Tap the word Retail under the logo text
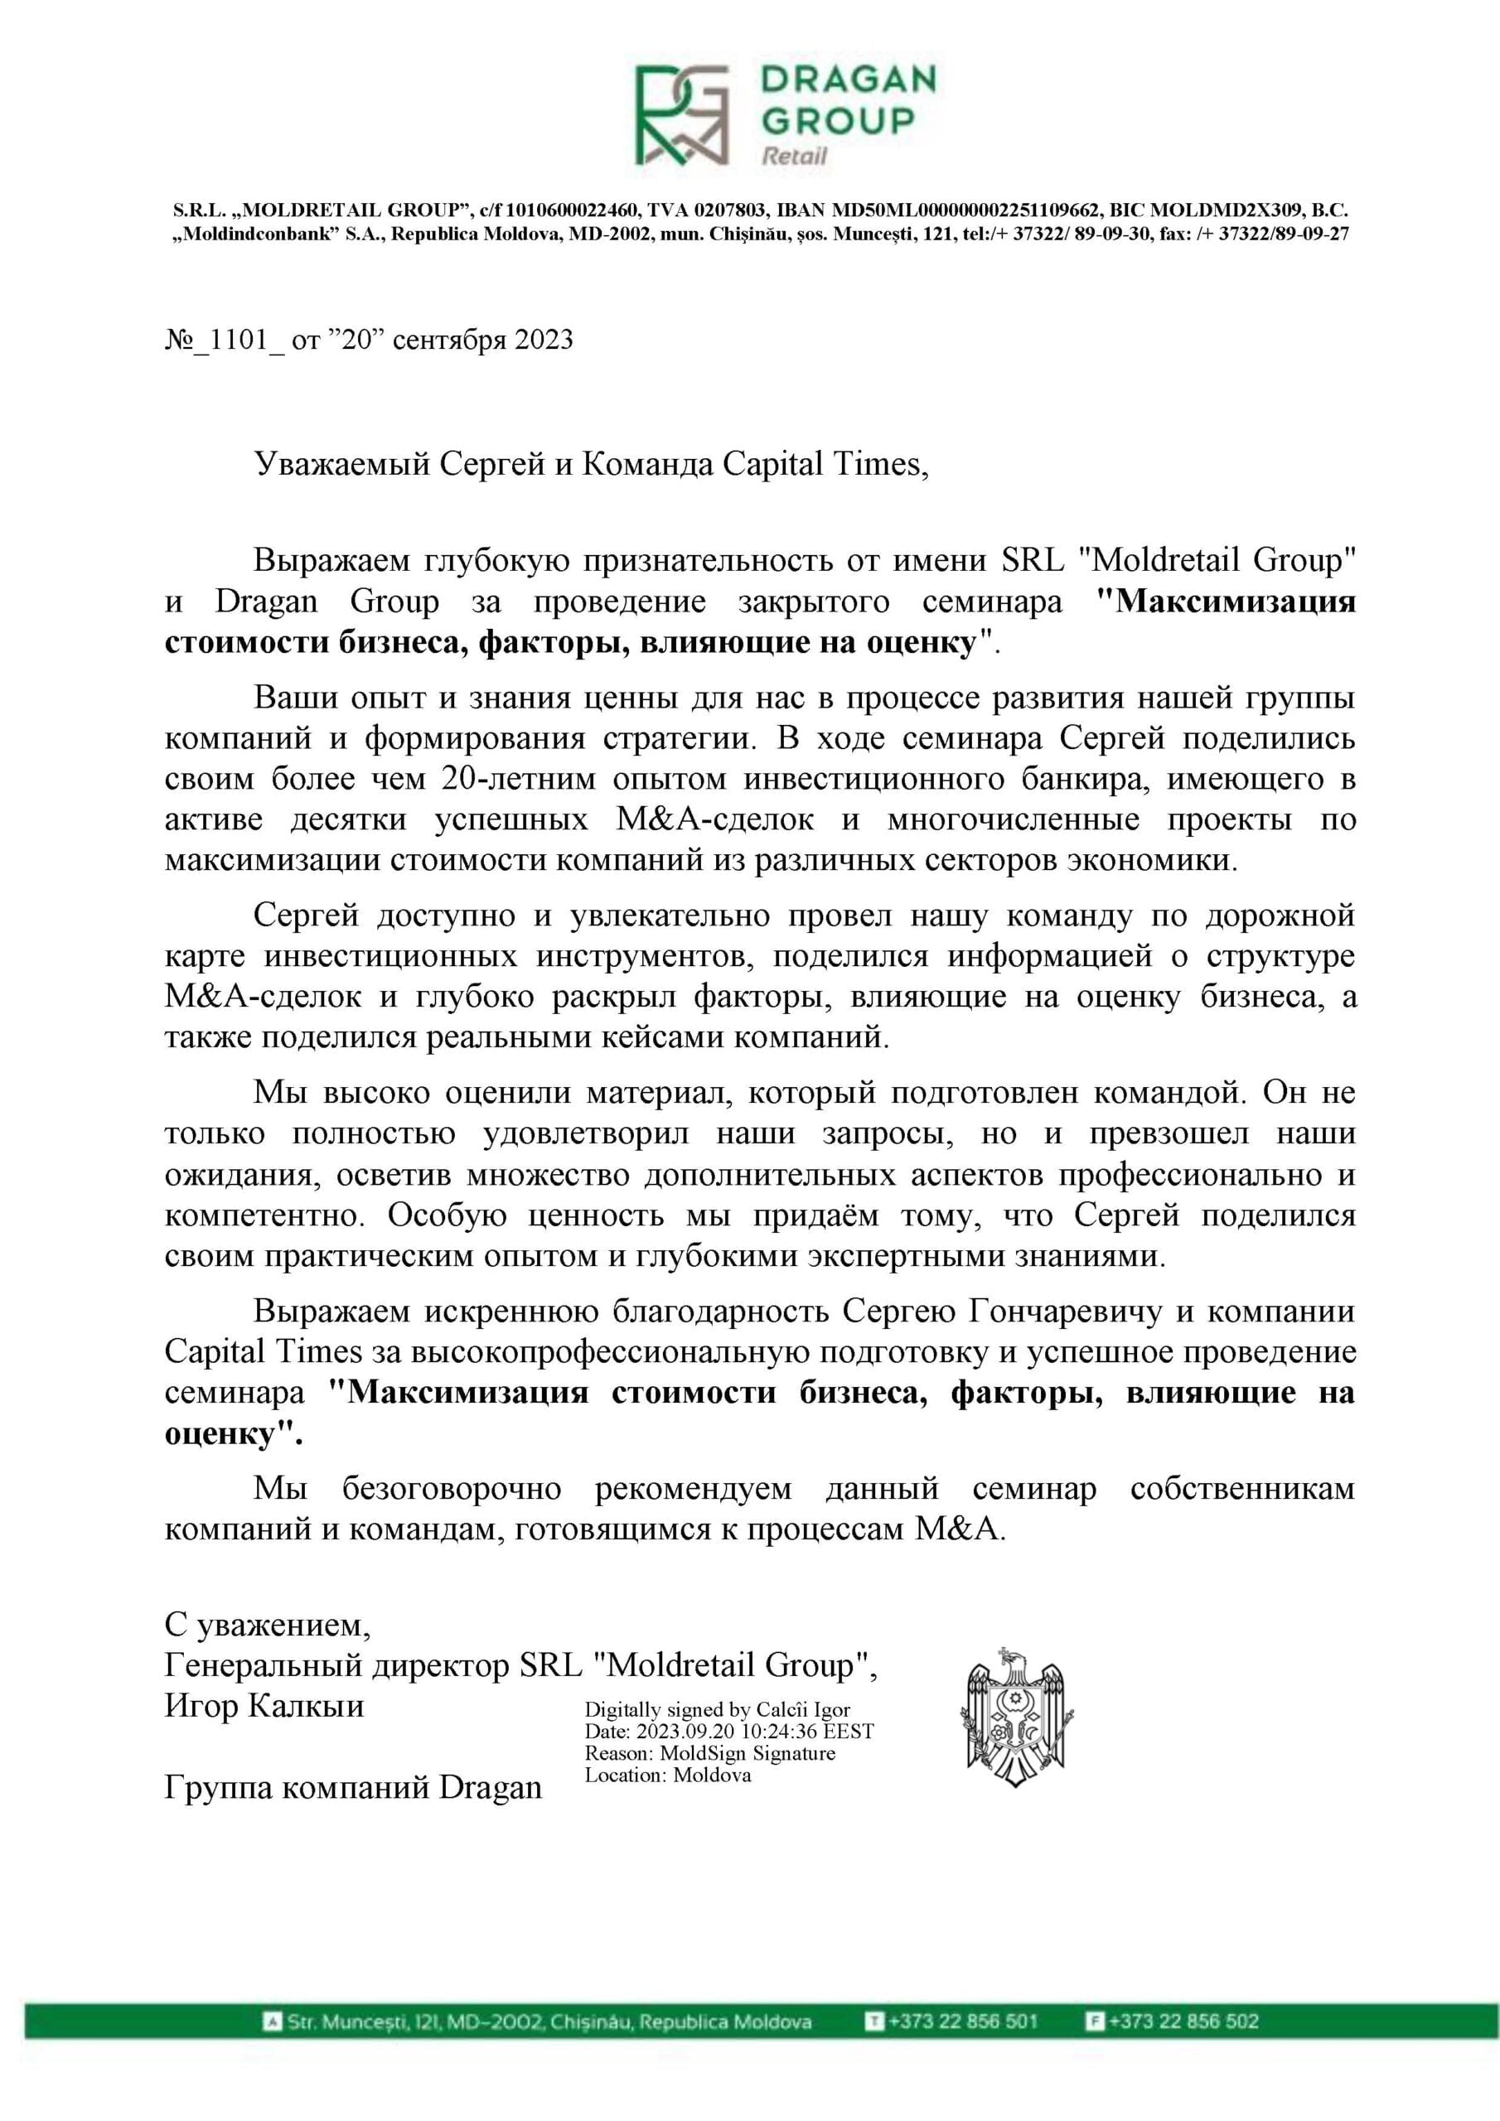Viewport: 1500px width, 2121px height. click(x=793, y=155)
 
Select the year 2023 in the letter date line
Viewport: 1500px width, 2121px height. click(x=544, y=341)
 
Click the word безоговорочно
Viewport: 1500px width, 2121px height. click(x=451, y=1488)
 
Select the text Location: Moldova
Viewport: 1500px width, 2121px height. click(x=667, y=1775)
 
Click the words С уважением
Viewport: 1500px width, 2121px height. click(x=267, y=1623)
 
